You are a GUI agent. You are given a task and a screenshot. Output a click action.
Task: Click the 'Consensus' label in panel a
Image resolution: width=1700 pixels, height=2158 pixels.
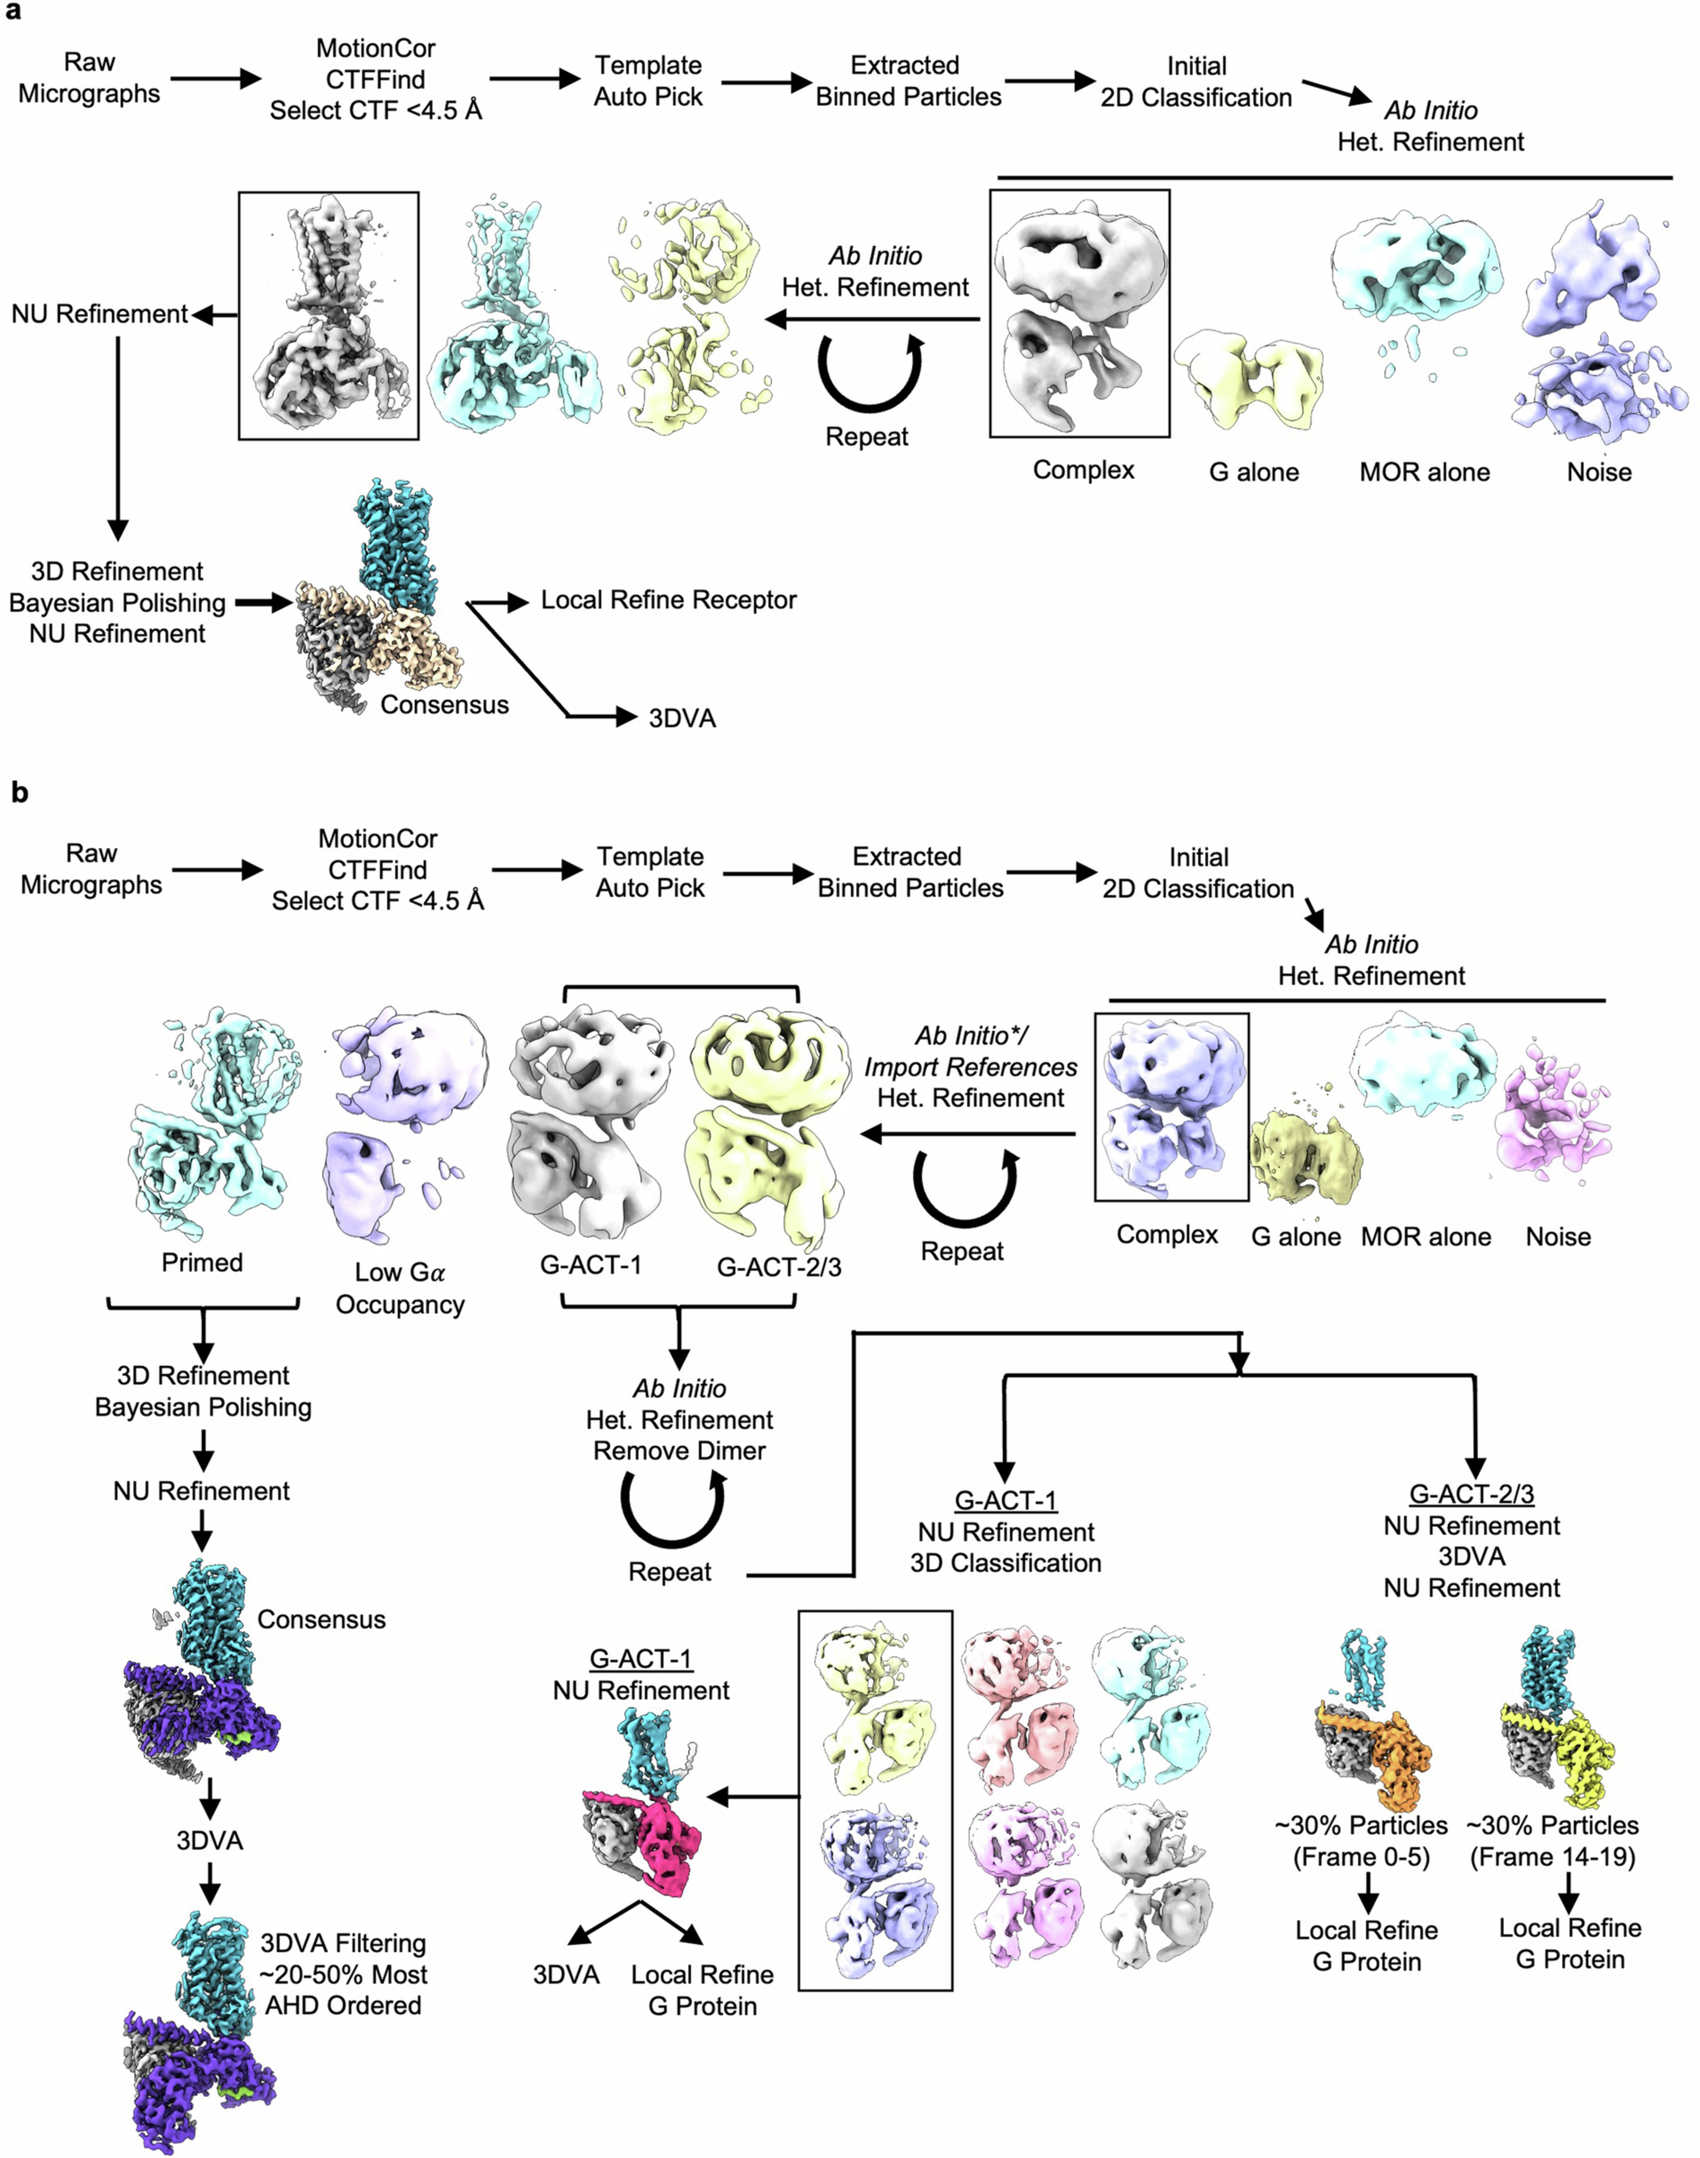444,705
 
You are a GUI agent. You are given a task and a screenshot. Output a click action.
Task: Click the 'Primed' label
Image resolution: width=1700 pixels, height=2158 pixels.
202,1262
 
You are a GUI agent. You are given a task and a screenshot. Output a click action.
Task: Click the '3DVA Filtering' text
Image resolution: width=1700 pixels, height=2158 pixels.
342,1943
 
